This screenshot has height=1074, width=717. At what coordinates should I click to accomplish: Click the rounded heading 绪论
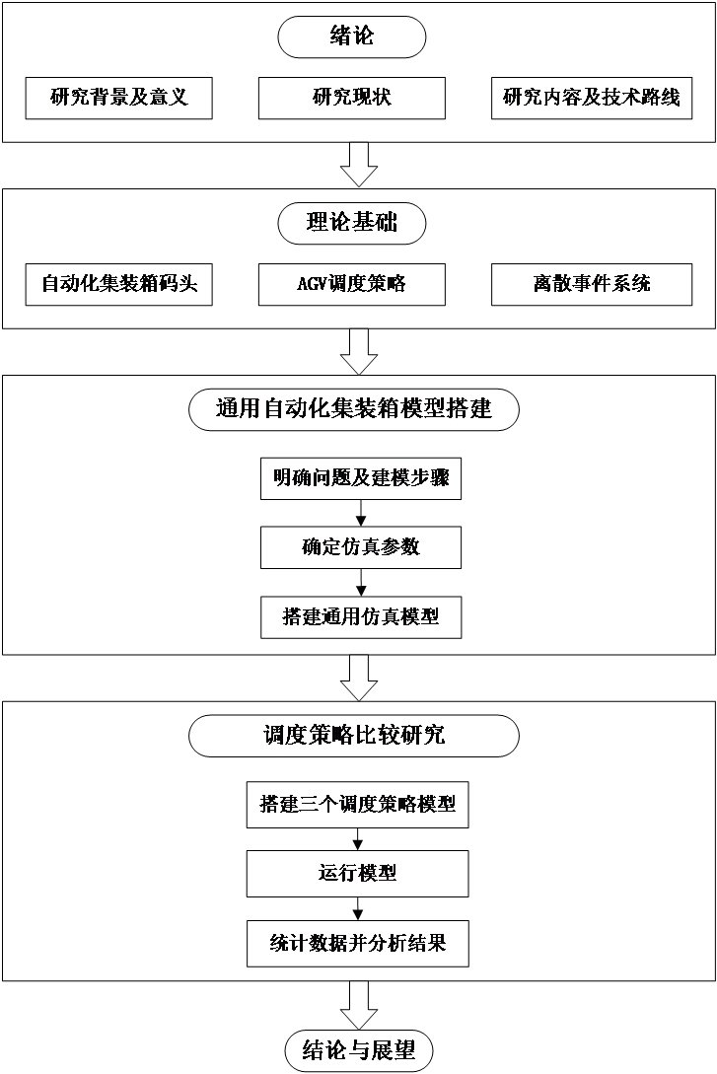click(x=352, y=37)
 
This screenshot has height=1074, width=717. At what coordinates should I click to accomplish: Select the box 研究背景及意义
click(x=119, y=98)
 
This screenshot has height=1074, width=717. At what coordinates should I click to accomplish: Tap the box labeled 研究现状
click(x=352, y=98)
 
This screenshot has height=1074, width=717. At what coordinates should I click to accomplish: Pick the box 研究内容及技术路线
click(x=591, y=98)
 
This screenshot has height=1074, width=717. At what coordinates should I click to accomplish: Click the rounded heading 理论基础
click(x=352, y=224)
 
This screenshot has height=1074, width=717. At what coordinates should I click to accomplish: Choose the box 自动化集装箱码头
click(x=119, y=284)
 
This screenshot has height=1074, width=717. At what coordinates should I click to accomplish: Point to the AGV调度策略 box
click(x=352, y=284)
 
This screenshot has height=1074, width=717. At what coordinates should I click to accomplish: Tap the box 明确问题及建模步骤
click(x=360, y=479)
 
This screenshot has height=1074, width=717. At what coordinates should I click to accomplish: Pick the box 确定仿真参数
click(x=360, y=546)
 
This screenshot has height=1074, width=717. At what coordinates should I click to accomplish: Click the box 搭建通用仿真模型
click(x=360, y=617)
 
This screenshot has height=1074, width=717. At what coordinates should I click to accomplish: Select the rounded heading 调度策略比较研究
click(x=353, y=735)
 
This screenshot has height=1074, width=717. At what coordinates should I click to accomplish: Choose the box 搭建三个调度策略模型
click(x=357, y=805)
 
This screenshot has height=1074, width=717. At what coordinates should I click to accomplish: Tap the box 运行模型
click(x=357, y=874)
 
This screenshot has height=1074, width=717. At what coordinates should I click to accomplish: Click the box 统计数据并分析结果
click(x=357, y=944)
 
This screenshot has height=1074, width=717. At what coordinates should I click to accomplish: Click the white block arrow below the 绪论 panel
click(x=358, y=163)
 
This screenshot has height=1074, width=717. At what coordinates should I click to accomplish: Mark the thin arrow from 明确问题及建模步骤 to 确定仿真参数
click(x=361, y=513)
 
